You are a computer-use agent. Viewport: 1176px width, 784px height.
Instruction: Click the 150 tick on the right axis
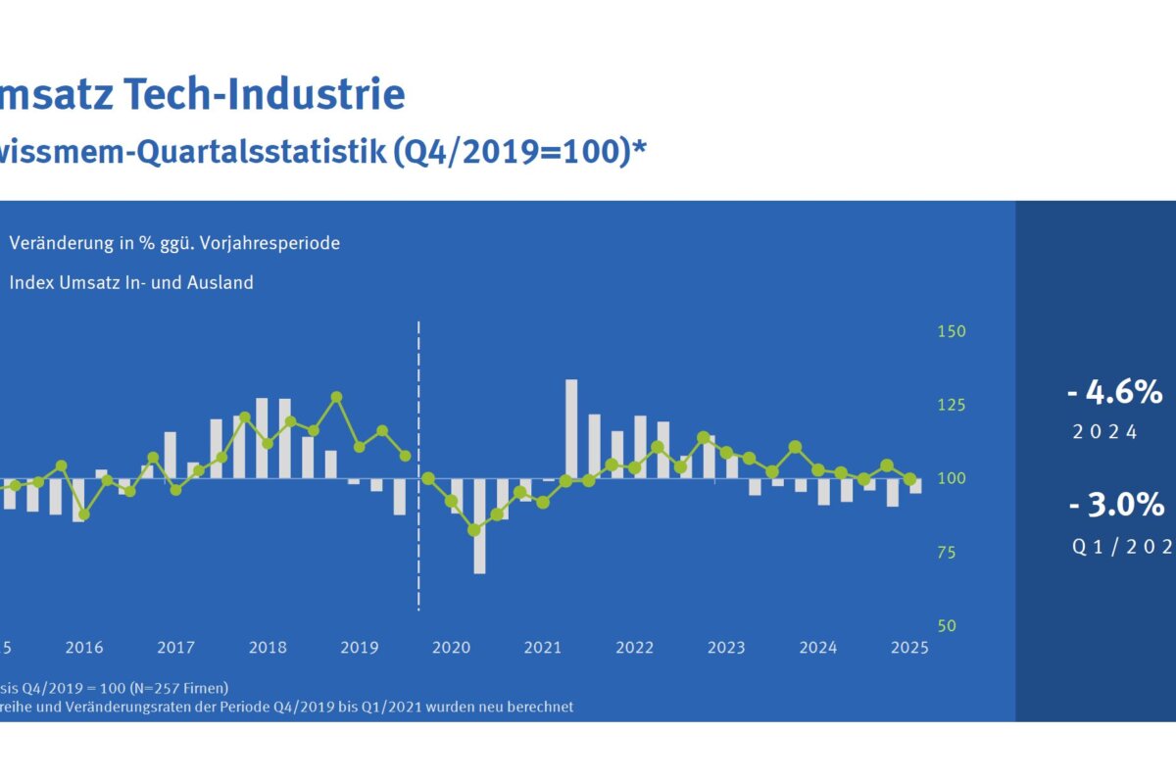tap(952, 331)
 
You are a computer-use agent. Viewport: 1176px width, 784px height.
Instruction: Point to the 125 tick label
tap(952, 405)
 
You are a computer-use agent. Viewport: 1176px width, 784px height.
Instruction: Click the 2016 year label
tap(84, 648)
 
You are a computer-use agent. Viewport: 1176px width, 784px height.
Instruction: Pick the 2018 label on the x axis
tap(268, 648)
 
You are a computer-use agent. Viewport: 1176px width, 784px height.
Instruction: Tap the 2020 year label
tap(451, 648)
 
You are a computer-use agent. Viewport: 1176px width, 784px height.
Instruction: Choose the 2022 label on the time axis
tap(635, 648)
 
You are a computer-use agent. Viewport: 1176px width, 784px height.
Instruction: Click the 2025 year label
tap(910, 648)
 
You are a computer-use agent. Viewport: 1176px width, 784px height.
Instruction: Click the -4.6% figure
tap(1114, 393)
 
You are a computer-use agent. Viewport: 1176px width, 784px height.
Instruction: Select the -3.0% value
tap(1116, 506)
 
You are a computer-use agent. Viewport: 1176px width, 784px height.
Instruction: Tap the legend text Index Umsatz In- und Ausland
tap(131, 283)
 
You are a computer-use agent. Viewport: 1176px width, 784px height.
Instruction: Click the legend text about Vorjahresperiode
tap(174, 243)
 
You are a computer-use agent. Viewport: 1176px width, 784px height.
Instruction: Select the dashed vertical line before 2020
tap(418, 461)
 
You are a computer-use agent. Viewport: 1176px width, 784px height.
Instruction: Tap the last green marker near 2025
tap(910, 479)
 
